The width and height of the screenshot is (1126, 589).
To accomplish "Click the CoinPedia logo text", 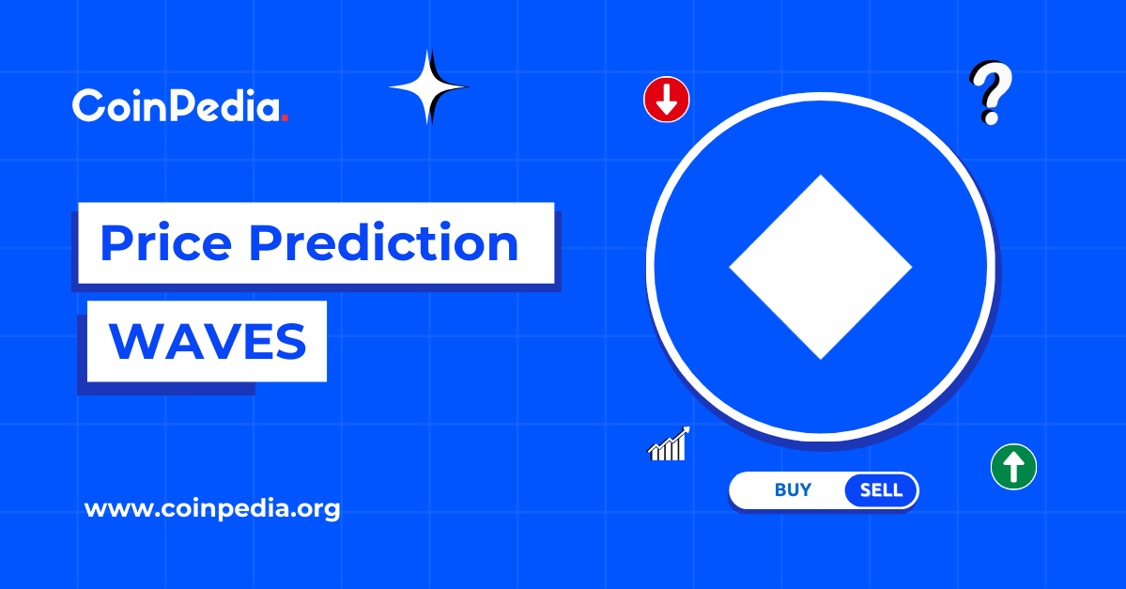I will click(177, 106).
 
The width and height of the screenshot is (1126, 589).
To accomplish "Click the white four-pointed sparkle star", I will click(429, 87).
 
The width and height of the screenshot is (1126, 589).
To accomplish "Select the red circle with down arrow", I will click(667, 100).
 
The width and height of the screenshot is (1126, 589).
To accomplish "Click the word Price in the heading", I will click(164, 242).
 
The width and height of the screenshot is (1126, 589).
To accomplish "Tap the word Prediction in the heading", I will click(385, 242).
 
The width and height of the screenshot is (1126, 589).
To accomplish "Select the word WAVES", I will click(208, 341).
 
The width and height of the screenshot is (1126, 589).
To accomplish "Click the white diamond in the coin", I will click(821, 267).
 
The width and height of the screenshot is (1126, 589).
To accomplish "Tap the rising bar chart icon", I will click(670, 444).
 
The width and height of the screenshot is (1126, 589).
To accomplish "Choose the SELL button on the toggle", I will click(881, 490).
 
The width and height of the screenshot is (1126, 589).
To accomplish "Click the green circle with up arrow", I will click(1013, 466).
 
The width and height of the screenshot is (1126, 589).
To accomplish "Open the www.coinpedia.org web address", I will click(212, 510).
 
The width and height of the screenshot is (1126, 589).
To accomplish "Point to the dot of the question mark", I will click(990, 119).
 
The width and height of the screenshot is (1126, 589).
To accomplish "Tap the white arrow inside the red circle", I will click(667, 100).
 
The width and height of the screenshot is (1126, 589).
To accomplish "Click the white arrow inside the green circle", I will click(1013, 466).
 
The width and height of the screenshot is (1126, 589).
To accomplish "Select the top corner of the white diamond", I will click(821, 178).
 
